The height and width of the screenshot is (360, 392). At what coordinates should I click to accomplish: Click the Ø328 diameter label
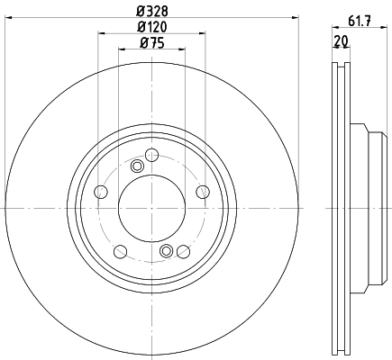coord(152,12)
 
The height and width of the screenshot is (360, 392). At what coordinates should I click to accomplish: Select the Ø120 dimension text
coord(152,27)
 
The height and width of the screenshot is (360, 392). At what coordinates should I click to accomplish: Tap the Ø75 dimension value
coord(152,43)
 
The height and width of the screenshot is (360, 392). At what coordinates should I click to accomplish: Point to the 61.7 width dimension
coord(360,21)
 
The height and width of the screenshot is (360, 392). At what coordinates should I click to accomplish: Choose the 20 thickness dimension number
coord(341,40)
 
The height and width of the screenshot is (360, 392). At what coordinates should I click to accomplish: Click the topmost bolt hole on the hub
coord(151,155)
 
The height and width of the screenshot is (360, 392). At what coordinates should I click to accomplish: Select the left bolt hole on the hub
coord(101,192)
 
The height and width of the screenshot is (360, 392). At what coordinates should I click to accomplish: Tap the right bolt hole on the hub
coord(203,192)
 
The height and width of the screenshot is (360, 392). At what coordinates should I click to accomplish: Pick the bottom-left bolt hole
coord(121,251)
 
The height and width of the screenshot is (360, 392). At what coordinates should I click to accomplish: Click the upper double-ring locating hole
coord(137,166)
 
